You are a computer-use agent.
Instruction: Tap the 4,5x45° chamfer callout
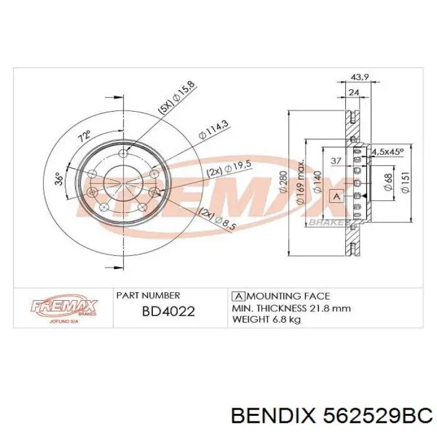[388, 151]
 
